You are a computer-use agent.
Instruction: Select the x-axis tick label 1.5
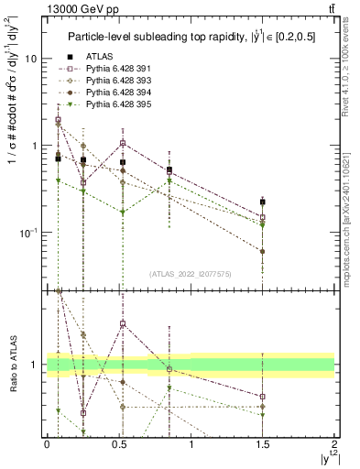click(263, 443)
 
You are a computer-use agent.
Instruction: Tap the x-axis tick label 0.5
click(118, 443)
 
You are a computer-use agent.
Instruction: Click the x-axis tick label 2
click(334, 443)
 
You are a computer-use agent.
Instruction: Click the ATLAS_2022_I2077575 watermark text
click(191, 273)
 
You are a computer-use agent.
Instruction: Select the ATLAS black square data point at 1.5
click(262, 202)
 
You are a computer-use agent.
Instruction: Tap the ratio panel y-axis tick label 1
click(34, 365)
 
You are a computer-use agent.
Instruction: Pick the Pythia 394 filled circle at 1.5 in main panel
click(262, 251)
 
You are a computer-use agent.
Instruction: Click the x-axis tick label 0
click(47, 443)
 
